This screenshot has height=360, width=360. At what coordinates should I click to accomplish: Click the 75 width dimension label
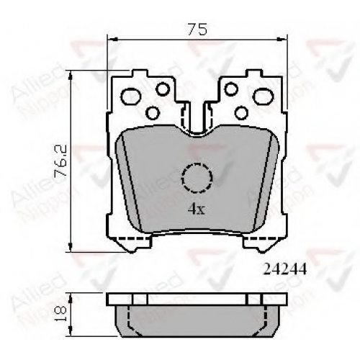point(197,30)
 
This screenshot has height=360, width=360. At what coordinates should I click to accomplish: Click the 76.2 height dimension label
point(60,161)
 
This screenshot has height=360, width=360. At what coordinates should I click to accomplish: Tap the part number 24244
point(285,269)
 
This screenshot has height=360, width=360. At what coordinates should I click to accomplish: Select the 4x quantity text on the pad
point(196,210)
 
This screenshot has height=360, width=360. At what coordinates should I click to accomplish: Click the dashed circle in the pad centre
point(197,178)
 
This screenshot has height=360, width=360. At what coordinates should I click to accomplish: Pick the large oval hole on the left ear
point(131,96)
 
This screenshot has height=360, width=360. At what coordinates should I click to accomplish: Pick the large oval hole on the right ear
point(264,96)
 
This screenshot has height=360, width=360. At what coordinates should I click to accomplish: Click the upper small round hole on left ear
point(163,89)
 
